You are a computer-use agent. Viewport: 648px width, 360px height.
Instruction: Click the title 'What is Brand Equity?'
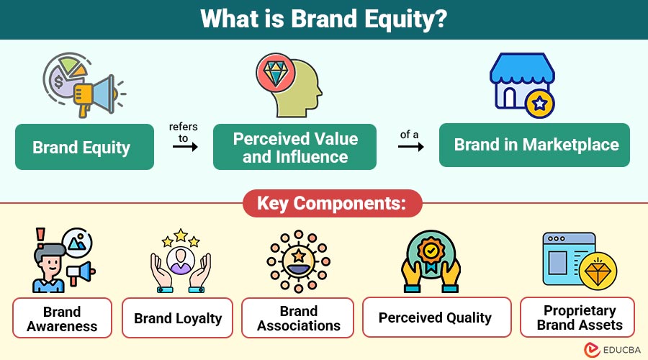(x=323, y=19)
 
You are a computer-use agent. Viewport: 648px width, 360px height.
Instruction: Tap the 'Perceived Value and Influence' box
(x=294, y=148)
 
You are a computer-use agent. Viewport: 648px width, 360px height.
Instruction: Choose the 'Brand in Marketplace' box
(x=536, y=145)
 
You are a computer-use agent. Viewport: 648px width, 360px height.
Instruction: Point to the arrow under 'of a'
(x=410, y=146)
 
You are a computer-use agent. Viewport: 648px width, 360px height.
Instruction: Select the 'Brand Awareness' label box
(x=62, y=318)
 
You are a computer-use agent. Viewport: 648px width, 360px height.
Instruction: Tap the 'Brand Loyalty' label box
(x=178, y=318)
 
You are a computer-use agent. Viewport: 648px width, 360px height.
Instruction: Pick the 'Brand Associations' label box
(x=298, y=318)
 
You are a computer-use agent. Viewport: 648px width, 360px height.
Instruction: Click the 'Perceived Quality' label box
(x=435, y=318)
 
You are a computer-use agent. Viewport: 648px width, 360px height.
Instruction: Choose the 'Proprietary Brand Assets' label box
(x=579, y=318)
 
